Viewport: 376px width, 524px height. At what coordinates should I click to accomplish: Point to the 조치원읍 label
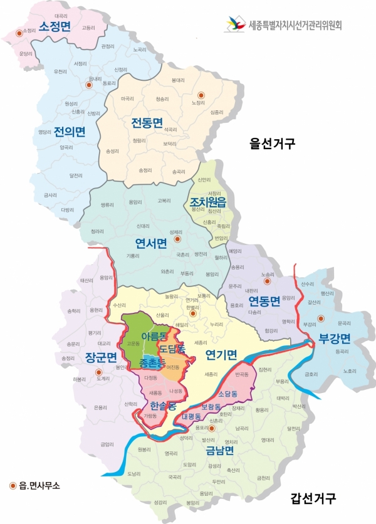point(207,203)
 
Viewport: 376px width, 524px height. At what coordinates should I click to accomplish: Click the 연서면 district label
point(151,244)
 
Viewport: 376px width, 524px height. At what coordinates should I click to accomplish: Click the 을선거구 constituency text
point(271,144)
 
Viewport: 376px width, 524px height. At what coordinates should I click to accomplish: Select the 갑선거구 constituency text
point(313,482)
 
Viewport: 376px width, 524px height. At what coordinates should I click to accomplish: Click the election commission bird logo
point(235,25)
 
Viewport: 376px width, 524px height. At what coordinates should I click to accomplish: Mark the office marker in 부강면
point(321,318)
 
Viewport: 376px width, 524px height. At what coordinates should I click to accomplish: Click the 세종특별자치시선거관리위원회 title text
point(295,26)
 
